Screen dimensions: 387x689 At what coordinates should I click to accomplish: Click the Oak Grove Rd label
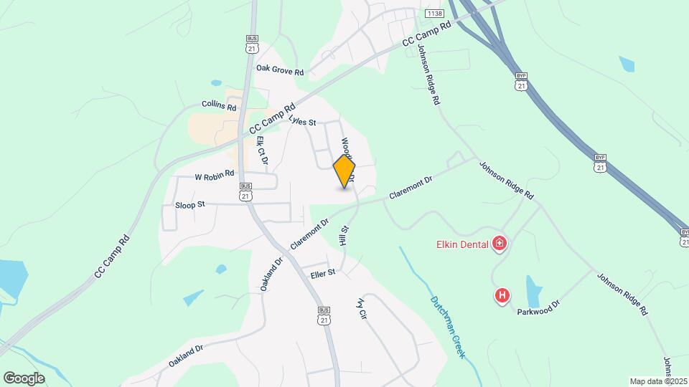pos(280,72)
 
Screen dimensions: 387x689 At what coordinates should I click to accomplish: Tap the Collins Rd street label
pos(219,106)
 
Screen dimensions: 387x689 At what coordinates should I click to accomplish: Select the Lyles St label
pos(302,122)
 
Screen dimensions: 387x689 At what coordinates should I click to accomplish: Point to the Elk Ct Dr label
pos(262,150)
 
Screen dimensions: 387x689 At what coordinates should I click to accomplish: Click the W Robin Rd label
pos(215,174)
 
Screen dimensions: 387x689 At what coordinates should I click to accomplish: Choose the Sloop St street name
pos(190,205)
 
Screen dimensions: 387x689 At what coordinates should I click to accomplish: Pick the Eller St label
pos(323,273)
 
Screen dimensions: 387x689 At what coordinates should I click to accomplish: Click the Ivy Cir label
pos(362,308)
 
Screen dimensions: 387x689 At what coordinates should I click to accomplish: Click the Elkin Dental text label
pos(462,244)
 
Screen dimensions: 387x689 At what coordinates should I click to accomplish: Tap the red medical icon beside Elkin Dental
pos(500,244)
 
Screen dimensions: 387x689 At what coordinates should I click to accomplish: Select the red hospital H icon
pos(503,295)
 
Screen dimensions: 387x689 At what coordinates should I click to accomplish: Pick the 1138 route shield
pos(433,14)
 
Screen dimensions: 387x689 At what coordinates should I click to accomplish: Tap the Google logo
pos(24,378)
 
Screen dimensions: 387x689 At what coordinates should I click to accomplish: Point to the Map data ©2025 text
pos(658,381)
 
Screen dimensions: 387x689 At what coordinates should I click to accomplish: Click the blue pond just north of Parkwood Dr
pos(533,290)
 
